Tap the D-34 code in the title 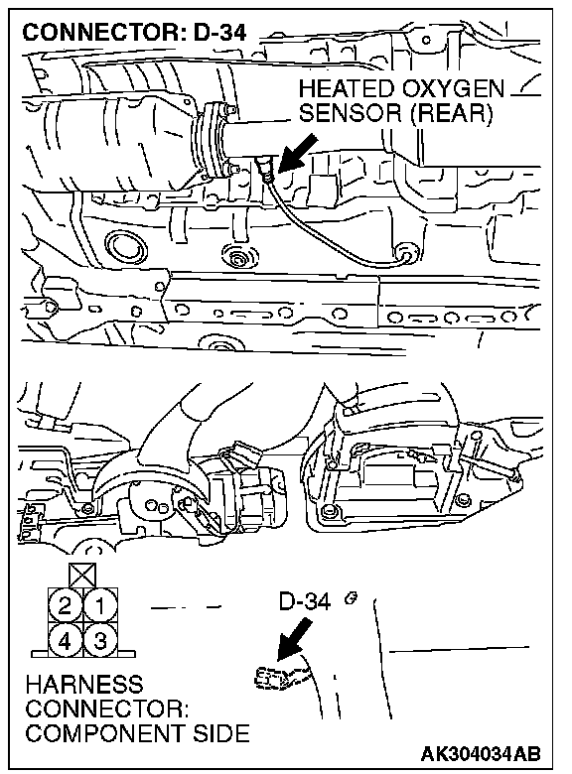tap(219, 33)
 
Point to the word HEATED tap(347, 89)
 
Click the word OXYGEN tap(453, 89)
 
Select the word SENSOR tap(350, 114)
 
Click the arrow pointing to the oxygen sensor tap(297, 154)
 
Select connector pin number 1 tap(100, 605)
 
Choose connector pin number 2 tap(66, 605)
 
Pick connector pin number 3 tap(100, 641)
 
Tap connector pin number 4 tap(66, 641)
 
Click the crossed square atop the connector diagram tap(83, 577)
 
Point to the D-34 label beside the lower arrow tap(304, 601)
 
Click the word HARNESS tap(84, 685)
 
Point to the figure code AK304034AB tap(480, 754)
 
